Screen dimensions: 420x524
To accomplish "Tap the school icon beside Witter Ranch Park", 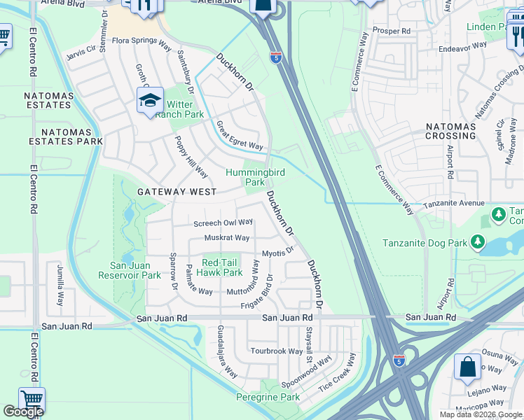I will (150, 102).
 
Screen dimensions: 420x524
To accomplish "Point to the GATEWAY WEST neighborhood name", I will (177, 191).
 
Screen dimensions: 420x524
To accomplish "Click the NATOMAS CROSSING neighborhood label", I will (450, 131).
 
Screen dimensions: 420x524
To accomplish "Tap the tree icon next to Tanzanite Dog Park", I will (478, 243).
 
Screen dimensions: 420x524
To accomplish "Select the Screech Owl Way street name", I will (223, 223).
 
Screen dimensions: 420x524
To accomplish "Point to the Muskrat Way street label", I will (227, 238).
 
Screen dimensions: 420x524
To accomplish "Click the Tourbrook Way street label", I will (277, 351).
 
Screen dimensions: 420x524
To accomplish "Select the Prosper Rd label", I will (392, 31).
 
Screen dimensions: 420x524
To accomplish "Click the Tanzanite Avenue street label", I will (453, 204).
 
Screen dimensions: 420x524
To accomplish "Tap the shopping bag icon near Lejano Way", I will (467, 367).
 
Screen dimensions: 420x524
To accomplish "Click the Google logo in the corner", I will (23, 412).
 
